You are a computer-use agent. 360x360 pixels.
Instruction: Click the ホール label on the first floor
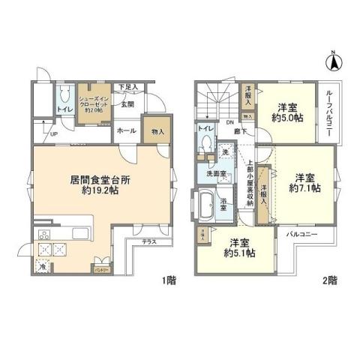[x=125, y=130]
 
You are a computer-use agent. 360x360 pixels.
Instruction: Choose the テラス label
[x=149, y=242]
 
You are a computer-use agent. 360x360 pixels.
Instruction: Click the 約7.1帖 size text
[x=304, y=188]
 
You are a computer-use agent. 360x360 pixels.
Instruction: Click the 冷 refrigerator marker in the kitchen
[x=43, y=265]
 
